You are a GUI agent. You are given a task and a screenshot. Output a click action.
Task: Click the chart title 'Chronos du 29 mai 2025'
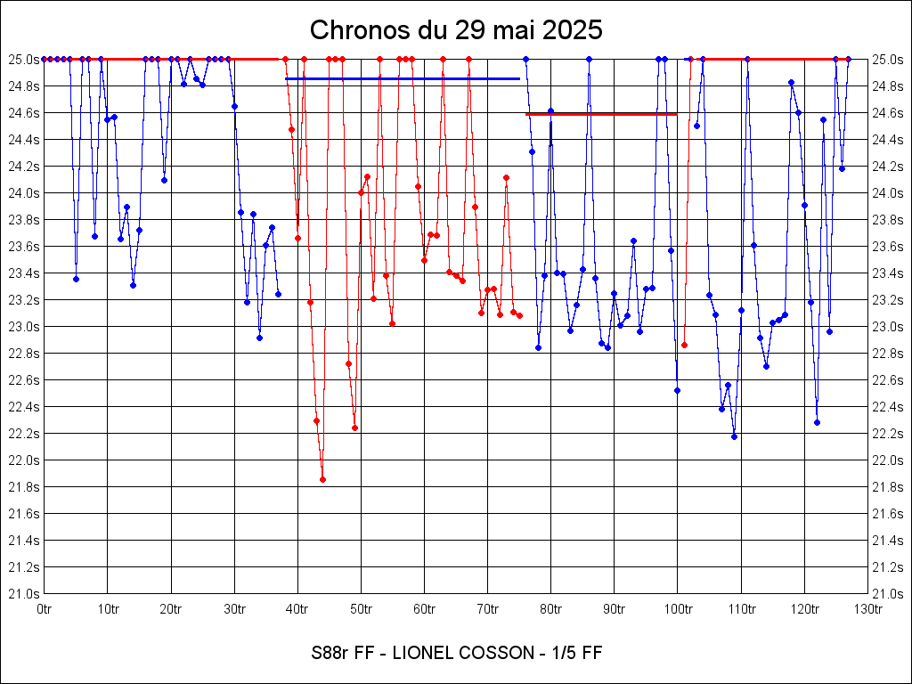point(456,30)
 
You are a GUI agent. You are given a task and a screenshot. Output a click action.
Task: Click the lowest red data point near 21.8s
point(322,479)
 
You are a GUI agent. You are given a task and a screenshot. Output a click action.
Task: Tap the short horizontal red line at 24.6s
point(601,114)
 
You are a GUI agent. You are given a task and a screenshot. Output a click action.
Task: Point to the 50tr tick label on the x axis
point(361,609)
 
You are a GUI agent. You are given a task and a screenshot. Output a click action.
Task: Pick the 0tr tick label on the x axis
point(45,609)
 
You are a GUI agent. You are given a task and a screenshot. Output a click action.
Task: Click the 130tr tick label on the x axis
point(867,609)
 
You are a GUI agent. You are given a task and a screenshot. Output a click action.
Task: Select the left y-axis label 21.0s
point(24,593)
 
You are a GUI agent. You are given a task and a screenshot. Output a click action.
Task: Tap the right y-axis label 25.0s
point(888,59)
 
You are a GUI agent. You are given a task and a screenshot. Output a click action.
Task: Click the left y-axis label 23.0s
point(24,326)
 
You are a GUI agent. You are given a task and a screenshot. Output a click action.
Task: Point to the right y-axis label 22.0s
point(888,460)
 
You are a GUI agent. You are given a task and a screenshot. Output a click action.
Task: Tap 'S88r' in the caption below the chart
point(330,653)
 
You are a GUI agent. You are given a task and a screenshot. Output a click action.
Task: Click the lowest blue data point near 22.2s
point(734,436)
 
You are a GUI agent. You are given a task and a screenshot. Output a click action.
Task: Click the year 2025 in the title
point(572,30)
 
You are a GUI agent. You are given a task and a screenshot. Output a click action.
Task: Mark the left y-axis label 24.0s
point(24,192)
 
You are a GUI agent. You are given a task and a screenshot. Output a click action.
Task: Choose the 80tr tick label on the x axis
point(550,609)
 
